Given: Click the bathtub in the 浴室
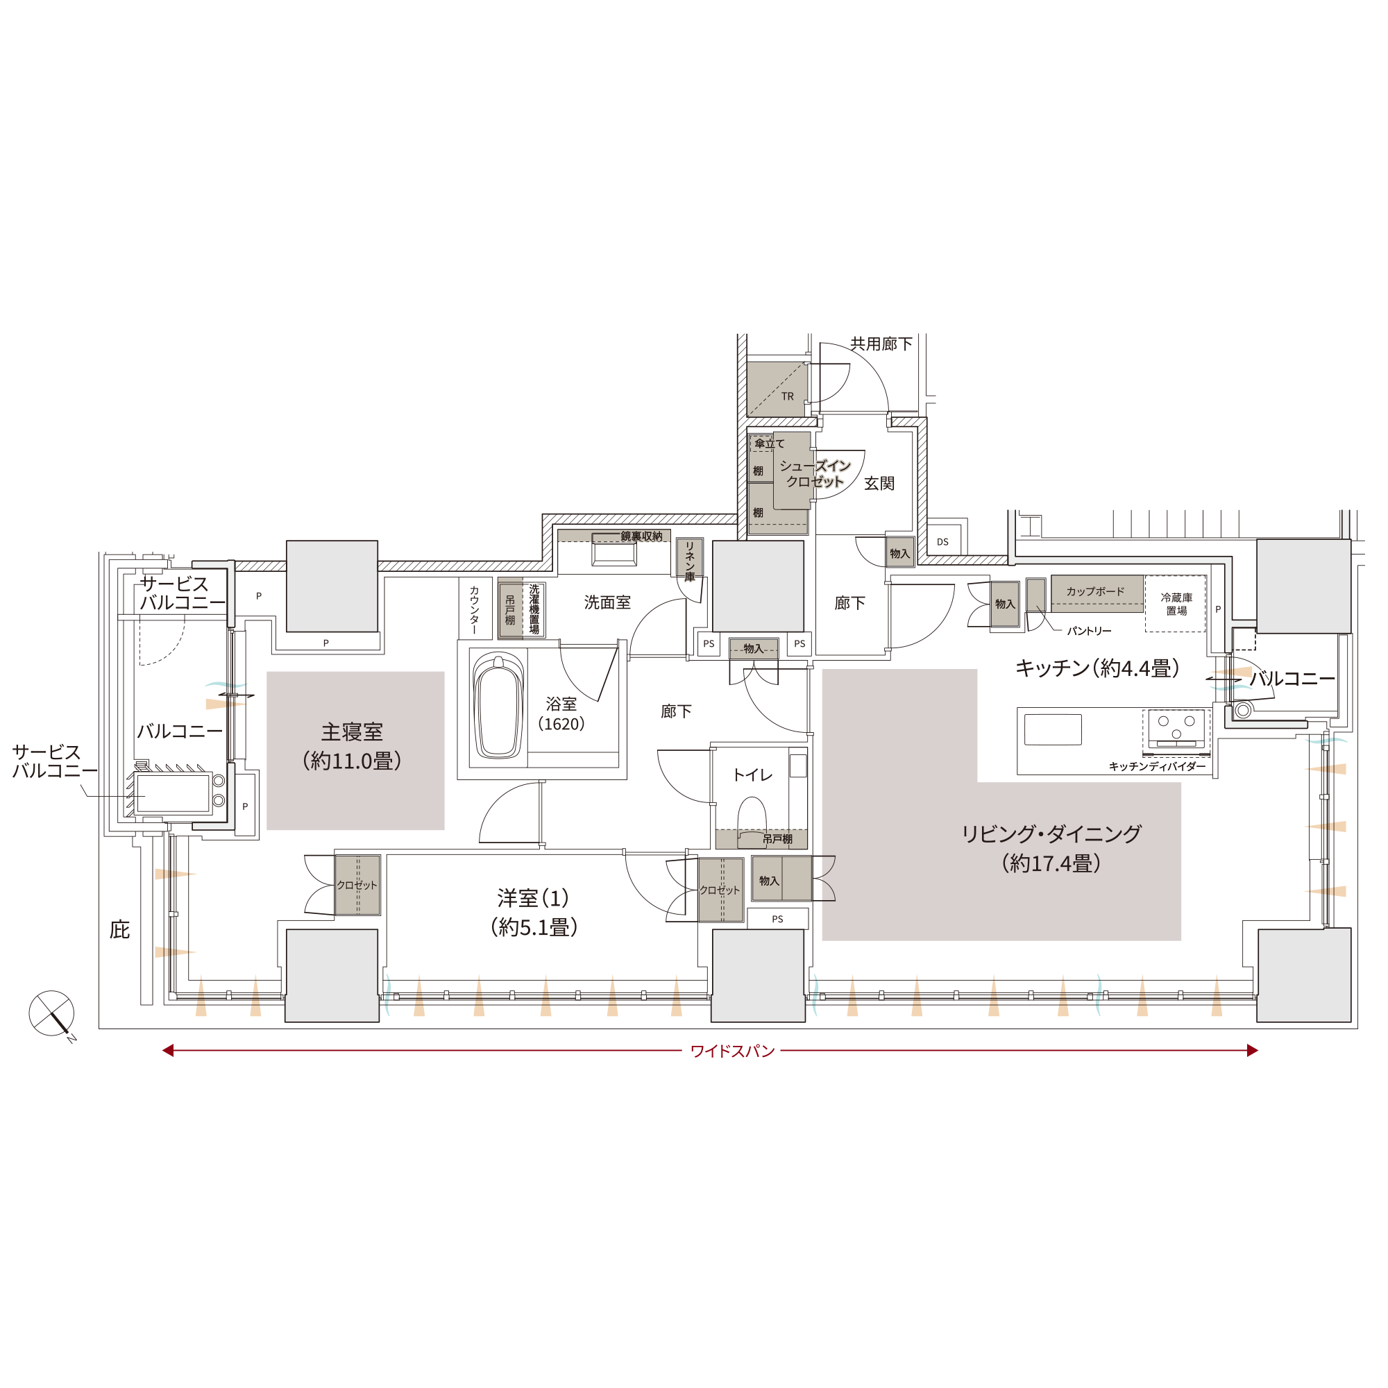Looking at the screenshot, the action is pyautogui.click(x=498, y=706).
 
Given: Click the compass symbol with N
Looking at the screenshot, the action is pyautogui.click(x=52, y=1014).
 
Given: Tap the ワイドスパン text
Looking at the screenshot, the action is pyautogui.click(x=732, y=1051).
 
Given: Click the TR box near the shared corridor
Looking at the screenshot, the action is pyautogui.click(x=777, y=389).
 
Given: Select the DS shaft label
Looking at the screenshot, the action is pyautogui.click(x=942, y=542).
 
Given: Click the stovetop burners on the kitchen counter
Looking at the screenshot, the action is pyautogui.click(x=1176, y=729).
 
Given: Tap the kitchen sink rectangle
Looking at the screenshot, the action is pyautogui.click(x=1053, y=729).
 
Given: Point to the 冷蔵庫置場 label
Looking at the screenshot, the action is pyautogui.click(x=1176, y=604).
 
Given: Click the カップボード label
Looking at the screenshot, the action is pyautogui.click(x=1095, y=591).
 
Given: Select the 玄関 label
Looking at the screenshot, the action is pyautogui.click(x=879, y=484).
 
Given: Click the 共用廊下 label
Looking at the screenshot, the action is pyautogui.click(x=881, y=344).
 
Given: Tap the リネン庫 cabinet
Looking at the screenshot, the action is pyautogui.click(x=690, y=557).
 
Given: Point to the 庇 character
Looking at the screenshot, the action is pyautogui.click(x=120, y=930).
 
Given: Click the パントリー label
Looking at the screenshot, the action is pyautogui.click(x=1089, y=631).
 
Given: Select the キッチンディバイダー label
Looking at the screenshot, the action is pyautogui.click(x=1158, y=767).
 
